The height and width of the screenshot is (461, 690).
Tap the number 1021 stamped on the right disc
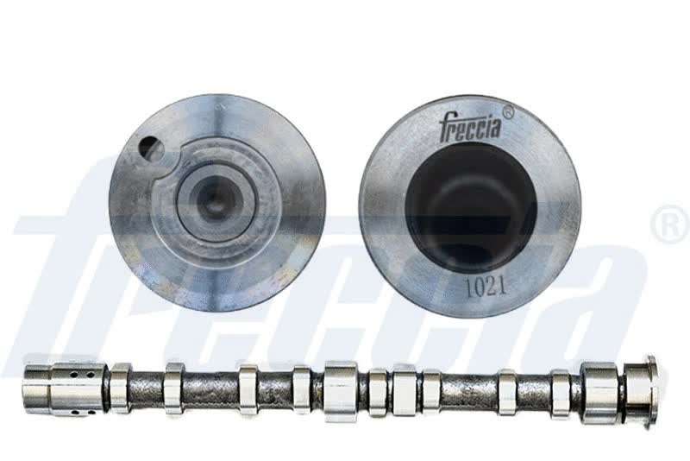[486, 287]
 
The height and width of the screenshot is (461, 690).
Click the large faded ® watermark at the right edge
[671, 224]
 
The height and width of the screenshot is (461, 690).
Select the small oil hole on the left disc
[148, 148]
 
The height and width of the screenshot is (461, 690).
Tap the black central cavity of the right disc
[471, 208]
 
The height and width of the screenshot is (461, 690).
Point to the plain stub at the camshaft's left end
[37, 388]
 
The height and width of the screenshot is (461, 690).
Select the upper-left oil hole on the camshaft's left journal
[75, 376]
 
